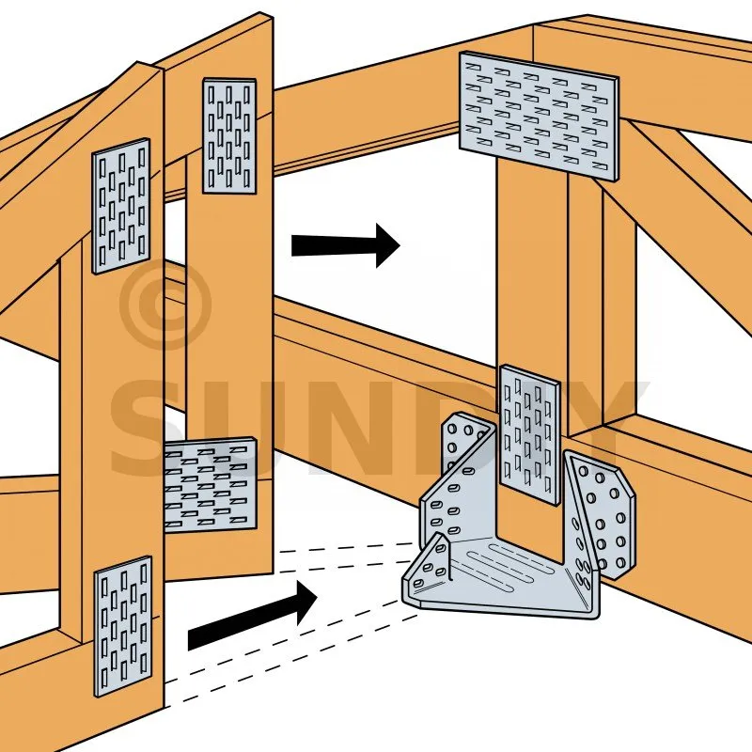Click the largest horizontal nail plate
tap(539, 116)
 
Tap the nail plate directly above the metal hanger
tap(529, 435)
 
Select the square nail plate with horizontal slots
tap(210, 485)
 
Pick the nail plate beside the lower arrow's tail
tap(123, 626)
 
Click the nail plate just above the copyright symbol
tap(121, 206)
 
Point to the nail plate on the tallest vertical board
tap(229, 135)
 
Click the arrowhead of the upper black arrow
tap(387, 245)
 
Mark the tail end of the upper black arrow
tap(292, 245)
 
